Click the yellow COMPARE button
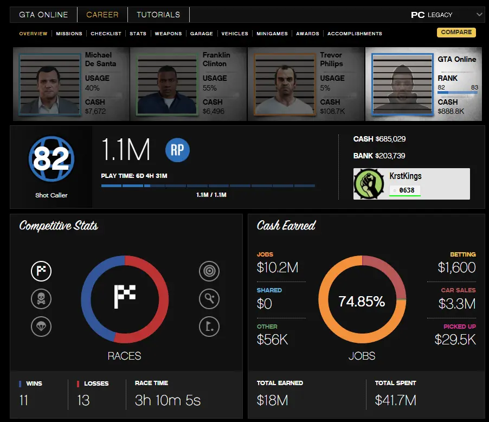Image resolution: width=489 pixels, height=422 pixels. click(456, 32)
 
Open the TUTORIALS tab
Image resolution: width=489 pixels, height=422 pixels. click(158, 15)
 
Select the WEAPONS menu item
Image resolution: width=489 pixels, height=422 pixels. click(168, 34)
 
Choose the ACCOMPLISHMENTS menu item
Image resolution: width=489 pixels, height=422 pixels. click(355, 34)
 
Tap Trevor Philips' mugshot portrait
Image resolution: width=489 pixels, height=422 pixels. click(285, 84)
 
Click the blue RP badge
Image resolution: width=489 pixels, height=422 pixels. click(177, 150)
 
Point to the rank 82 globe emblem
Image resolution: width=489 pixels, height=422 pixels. click(52, 159)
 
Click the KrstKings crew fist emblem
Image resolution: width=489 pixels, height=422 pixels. click(369, 184)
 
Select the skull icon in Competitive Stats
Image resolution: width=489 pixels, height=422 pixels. click(41, 298)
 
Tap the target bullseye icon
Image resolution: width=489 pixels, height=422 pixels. click(209, 271)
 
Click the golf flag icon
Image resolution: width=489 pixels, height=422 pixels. click(209, 325)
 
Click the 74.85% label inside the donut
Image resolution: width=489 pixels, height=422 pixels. click(362, 302)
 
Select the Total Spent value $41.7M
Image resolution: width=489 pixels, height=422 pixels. click(395, 400)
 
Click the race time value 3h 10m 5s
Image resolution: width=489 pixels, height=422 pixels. click(168, 400)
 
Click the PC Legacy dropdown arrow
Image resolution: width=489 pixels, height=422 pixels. click(479, 15)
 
